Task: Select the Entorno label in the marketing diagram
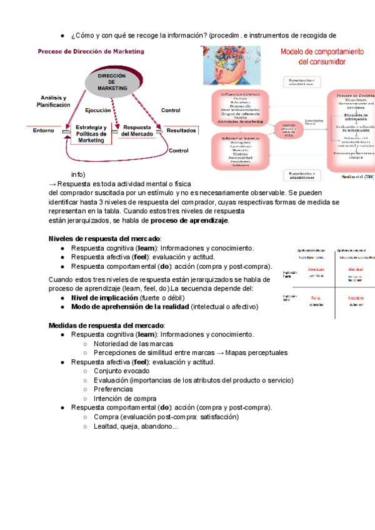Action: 42,131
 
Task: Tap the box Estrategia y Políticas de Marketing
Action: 91,134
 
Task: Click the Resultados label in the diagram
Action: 181,131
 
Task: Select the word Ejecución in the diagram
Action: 98,110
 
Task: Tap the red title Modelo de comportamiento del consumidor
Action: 322,56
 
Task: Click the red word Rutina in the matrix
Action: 316,299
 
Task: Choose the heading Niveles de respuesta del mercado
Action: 105,239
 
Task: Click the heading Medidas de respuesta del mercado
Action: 107,326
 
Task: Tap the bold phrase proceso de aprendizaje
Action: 189,220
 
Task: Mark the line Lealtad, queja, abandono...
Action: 136,426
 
